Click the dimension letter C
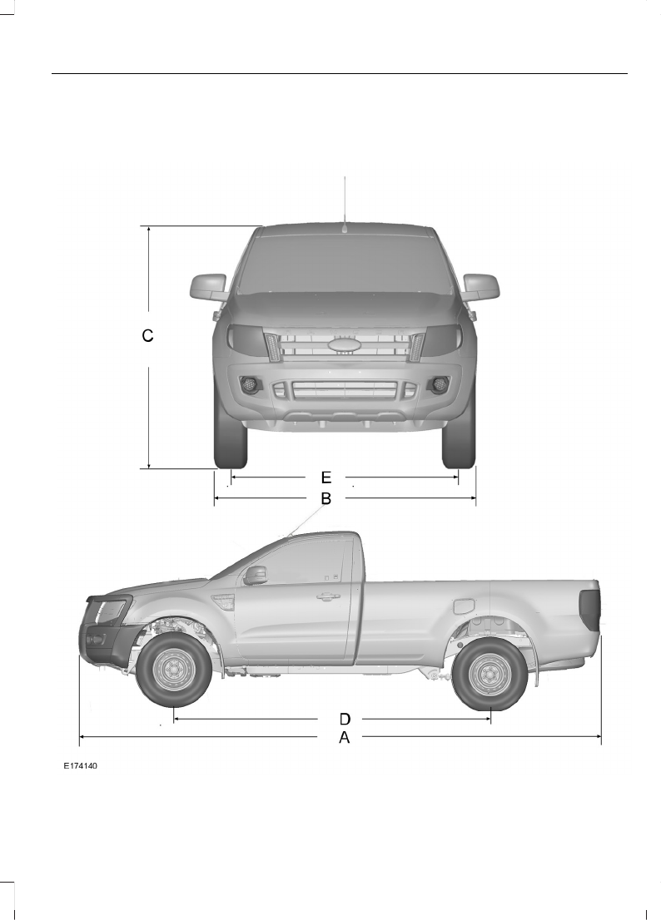147,336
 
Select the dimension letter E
326,477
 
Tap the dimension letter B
326,499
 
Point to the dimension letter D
344,718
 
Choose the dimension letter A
344,738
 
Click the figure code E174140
81,765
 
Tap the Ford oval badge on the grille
342,345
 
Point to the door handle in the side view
327,596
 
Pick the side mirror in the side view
255,575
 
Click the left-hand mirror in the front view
208,286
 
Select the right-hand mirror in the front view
480,286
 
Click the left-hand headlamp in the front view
244,339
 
